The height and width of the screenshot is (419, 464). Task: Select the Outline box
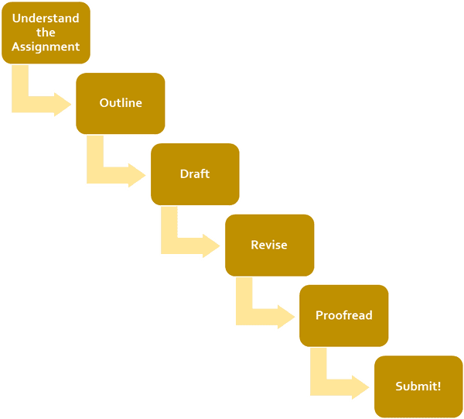[120, 103]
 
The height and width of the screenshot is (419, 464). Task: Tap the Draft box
[194, 174]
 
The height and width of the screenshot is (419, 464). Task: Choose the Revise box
[268, 246]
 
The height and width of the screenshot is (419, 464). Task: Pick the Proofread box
[343, 316]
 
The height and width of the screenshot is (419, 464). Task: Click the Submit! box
[418, 386]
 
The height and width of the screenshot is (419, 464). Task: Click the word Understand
[46, 19]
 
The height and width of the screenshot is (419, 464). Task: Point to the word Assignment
[46, 46]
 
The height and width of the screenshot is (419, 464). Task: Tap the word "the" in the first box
[46, 33]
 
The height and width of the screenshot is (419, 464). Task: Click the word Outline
[121, 103]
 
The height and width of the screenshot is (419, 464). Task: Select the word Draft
[195, 174]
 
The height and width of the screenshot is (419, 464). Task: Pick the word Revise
[269, 246]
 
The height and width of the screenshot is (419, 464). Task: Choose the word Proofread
[344, 316]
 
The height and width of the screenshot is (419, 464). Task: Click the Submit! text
[418, 386]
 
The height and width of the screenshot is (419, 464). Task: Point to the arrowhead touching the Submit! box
[361, 386]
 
